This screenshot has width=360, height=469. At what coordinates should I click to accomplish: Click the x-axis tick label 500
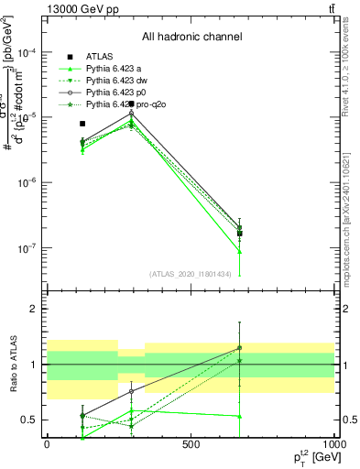[191, 443]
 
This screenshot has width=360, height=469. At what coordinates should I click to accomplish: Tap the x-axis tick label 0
[47, 443]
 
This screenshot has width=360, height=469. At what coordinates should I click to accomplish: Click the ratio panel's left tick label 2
[34, 309]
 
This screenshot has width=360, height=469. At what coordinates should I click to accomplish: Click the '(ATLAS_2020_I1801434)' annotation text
[191, 273]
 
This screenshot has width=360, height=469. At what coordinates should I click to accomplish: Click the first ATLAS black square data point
[82, 123]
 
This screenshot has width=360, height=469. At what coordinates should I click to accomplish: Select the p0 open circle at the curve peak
[132, 114]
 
